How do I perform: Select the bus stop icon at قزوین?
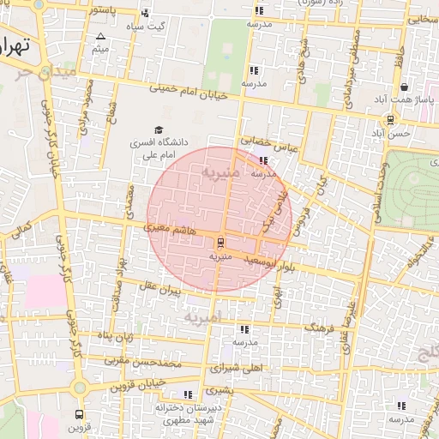80,412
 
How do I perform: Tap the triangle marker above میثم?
101,36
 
